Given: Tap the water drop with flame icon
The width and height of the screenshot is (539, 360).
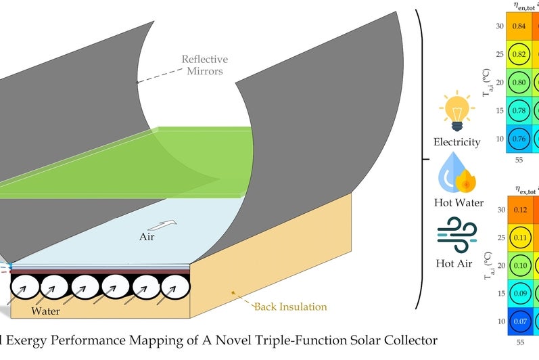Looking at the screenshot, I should [x=458, y=174].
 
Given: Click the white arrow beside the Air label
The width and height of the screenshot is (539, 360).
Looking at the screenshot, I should [x=168, y=224].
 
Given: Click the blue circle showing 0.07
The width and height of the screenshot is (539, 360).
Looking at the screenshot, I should [x=520, y=322].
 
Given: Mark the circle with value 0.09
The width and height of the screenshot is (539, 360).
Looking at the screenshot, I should [x=520, y=294].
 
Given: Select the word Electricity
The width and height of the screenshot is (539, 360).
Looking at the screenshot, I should [x=458, y=142].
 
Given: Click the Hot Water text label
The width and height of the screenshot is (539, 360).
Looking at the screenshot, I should [x=458, y=202].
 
